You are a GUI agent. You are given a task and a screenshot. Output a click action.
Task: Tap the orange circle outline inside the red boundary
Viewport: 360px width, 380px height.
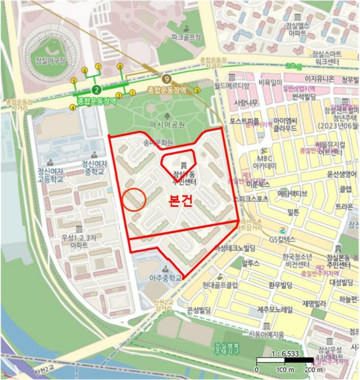pos(134,199)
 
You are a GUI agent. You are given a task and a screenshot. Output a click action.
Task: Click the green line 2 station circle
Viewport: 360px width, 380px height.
pos(96,89)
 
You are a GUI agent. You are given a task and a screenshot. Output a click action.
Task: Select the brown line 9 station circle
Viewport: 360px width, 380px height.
pos(167,79)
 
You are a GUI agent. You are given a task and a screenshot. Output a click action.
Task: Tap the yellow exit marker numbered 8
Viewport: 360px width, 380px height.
pos(119,66)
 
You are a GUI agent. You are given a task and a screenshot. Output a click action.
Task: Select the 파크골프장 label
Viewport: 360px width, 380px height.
pos(185,38)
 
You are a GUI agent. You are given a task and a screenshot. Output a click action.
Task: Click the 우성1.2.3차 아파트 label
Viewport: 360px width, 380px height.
pos(80,241)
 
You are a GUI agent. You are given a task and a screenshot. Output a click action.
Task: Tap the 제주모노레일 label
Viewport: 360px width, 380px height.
pos(274,310)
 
